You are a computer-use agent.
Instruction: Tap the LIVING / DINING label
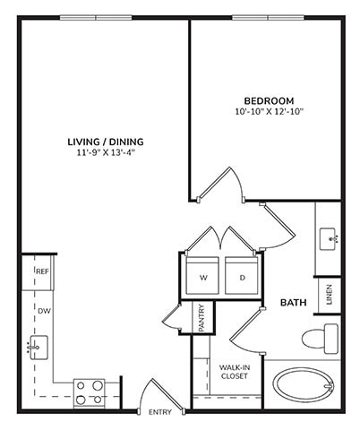106,142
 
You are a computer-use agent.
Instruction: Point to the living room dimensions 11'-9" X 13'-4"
106,153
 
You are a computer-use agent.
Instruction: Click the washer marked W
203,277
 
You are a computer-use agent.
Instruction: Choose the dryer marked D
242,277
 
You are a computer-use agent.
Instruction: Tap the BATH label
293,304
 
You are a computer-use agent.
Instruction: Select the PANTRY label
202,318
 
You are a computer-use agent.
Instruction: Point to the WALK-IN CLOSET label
235,371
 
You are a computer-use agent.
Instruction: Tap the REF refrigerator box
41,271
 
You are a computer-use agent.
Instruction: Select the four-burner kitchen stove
89,391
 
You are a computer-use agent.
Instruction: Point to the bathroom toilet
318,339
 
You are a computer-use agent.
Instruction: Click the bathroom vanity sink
329,239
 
